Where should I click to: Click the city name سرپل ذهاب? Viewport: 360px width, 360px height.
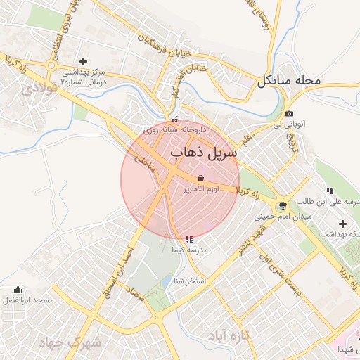[x=204, y=151]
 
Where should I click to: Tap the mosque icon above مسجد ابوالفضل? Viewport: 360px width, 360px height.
[x=18, y=290]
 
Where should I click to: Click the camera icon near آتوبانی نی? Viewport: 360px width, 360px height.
[x=289, y=114]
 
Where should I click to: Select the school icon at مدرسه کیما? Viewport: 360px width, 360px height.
[x=188, y=240]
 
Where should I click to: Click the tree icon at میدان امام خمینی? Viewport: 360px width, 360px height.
[x=283, y=205]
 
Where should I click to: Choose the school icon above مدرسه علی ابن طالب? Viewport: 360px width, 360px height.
[x=329, y=191]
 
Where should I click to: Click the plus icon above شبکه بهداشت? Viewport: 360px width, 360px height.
[x=342, y=223]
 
